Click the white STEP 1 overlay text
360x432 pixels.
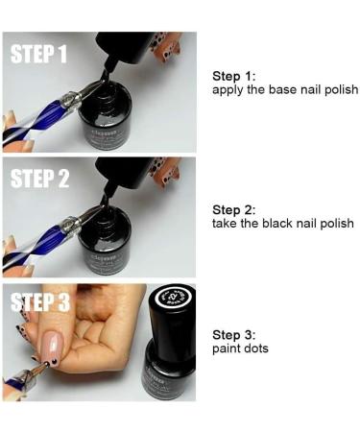pyautogui.click(x=38, y=53)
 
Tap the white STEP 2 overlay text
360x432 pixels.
pyautogui.click(x=38, y=179)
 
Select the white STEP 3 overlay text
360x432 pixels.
pyautogui.click(x=38, y=303)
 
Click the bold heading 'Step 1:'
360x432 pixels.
pyautogui.click(x=233, y=76)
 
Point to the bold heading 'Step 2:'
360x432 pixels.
pyautogui.click(x=233, y=209)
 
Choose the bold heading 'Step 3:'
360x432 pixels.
pyautogui.click(x=233, y=334)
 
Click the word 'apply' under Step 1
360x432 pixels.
pyautogui.click(x=228, y=89)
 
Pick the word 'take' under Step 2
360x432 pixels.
pyautogui.click(x=225, y=223)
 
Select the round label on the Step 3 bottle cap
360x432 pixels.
pyautogui.click(x=173, y=305)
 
